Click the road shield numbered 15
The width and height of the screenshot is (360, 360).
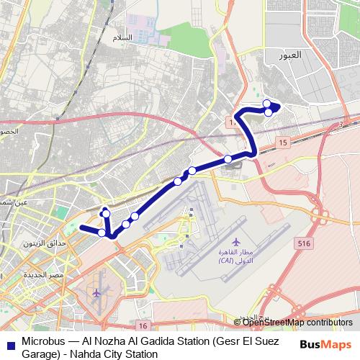(x=283, y=144)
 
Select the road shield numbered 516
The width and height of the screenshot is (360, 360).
(x=304, y=244)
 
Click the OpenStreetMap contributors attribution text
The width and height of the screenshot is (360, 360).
(x=297, y=323)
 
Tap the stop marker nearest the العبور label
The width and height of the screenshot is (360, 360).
(x=267, y=103)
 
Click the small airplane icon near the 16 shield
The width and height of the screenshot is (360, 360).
(x=99, y=293)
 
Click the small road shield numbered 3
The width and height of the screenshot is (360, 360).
(x=340, y=124)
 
